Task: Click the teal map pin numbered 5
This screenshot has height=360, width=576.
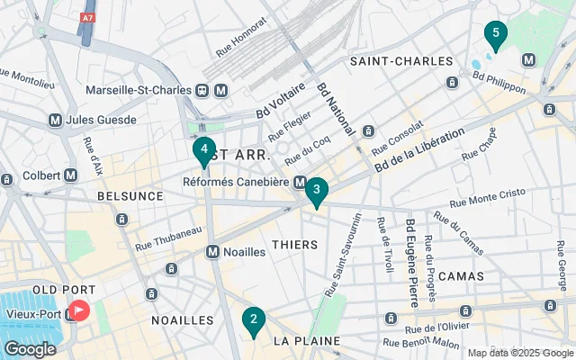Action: (494, 36)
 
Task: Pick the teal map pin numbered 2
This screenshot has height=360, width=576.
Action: (254, 320)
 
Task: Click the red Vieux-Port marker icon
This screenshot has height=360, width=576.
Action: (79, 311)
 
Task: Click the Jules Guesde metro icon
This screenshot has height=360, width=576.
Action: (56, 120)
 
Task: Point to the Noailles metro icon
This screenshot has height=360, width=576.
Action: (213, 252)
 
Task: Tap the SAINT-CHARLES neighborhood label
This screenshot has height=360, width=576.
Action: (400, 61)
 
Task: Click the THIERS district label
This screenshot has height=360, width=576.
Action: (294, 245)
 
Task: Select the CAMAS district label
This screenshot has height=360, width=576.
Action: (459, 275)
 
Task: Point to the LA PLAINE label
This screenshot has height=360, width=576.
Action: (307, 341)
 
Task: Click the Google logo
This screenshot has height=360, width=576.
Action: (31, 348)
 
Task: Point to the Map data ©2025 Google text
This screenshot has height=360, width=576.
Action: (518, 353)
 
